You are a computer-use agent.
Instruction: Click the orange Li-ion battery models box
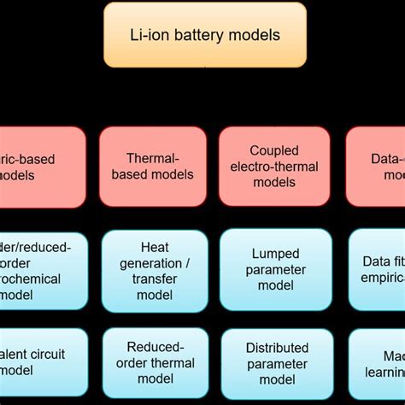tap(205, 35)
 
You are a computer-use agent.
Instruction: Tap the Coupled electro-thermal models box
tap(274, 167)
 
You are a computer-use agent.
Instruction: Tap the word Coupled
tap(274, 150)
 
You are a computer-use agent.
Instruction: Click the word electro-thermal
tap(274, 167)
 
